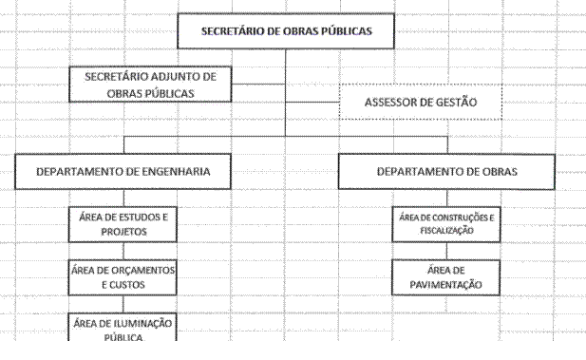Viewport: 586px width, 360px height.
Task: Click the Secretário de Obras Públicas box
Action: tap(286, 31)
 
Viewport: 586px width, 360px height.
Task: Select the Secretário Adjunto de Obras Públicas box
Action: tap(150, 85)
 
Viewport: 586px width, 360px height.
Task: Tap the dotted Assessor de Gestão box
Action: tap(421, 102)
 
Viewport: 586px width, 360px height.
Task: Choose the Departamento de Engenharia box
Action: tap(123, 171)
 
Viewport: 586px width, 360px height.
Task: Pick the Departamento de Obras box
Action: tap(446, 172)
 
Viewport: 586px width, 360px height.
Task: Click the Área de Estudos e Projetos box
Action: tap(123, 224)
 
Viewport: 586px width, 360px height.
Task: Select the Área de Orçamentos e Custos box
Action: tap(123, 277)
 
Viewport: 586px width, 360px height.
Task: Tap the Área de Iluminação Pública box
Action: tap(123, 327)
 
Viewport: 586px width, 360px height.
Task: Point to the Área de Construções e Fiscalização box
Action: tap(446, 224)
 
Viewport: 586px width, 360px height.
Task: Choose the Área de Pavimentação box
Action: tap(445, 277)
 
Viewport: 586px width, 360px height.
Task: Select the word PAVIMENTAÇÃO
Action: tap(445, 285)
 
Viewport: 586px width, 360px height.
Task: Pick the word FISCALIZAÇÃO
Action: tap(446, 231)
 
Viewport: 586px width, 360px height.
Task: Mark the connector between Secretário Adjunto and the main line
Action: tap(258, 85)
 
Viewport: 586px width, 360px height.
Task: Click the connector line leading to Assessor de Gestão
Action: tap(312, 102)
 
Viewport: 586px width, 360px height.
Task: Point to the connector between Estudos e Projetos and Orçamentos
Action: tap(123, 251)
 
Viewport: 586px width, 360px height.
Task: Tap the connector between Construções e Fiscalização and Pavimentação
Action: tap(446, 251)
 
